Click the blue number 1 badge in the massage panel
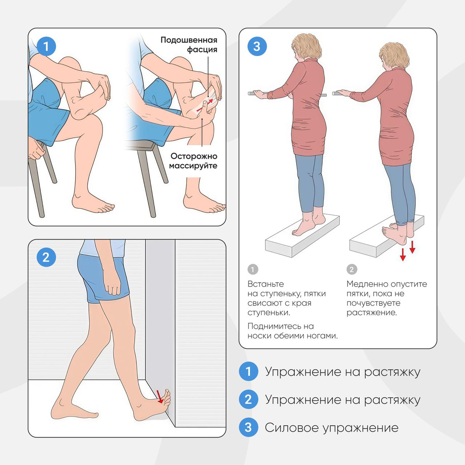click(46, 46)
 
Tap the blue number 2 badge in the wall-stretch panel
click(46, 257)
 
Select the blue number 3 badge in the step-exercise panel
click(257, 46)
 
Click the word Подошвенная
click(189, 40)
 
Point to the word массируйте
click(193, 166)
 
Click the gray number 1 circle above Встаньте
click(253, 270)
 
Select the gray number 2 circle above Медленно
click(352, 270)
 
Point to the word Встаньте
click(266, 284)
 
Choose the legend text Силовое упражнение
click(332, 428)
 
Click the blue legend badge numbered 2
click(248, 400)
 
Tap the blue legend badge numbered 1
click(248, 371)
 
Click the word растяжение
click(372, 313)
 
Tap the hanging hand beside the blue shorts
click(113, 286)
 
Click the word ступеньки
click(269, 313)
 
